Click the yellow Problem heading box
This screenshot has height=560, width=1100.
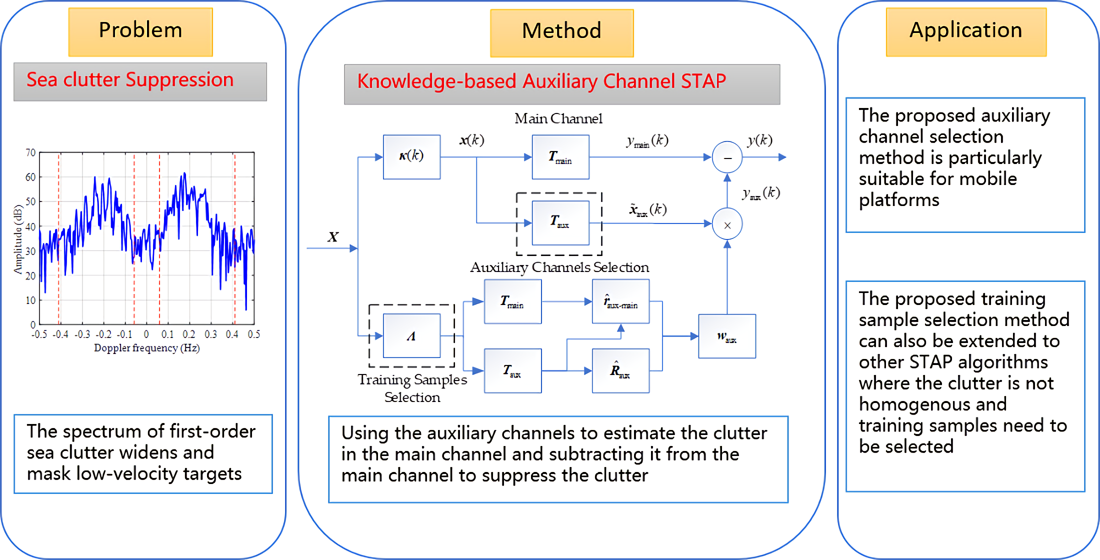(x=140, y=31)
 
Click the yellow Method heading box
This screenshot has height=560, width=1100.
(x=561, y=32)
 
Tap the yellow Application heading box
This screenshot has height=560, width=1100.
(x=965, y=31)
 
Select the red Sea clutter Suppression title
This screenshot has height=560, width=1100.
(x=130, y=80)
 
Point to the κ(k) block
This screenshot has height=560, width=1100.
(x=411, y=156)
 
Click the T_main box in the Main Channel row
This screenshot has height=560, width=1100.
(x=560, y=157)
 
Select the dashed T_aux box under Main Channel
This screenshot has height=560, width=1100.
(x=560, y=223)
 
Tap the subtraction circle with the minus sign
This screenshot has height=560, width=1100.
(x=727, y=157)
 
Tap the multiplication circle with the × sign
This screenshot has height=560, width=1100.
(x=727, y=224)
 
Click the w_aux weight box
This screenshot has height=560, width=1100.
(x=726, y=336)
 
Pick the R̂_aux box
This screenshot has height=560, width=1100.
(x=620, y=371)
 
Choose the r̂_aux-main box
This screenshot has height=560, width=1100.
(x=620, y=302)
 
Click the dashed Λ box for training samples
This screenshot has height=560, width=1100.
(x=411, y=336)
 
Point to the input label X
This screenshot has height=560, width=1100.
(x=333, y=237)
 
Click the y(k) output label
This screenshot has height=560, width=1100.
(x=759, y=140)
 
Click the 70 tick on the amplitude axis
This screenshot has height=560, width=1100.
(x=30, y=152)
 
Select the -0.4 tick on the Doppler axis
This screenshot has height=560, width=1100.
(x=60, y=334)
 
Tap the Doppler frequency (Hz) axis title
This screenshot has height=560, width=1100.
(x=146, y=348)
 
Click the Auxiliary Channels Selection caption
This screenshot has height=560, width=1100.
(x=559, y=267)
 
